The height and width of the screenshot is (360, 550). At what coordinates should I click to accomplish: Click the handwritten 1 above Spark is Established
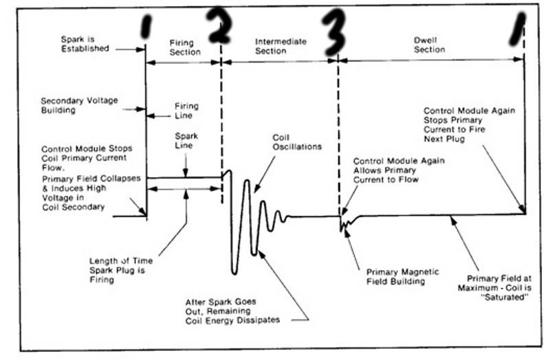pos(145,27)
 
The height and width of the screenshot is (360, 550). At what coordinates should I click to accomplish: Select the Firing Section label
pos(184,46)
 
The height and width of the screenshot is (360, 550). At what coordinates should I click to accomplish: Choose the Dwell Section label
pos(429,45)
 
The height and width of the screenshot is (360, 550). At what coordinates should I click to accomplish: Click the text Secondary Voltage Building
pos(79,104)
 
